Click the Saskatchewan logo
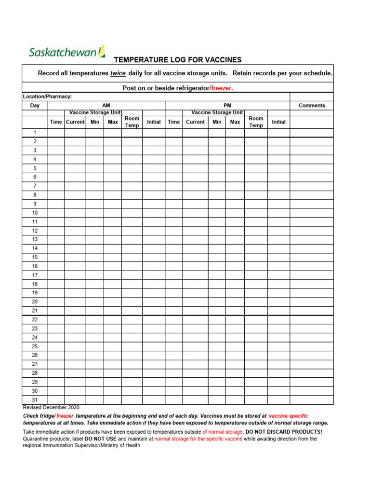point(66,52)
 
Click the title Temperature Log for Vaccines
point(177,60)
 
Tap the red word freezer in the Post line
point(222,88)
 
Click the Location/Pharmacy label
point(48,96)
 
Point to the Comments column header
point(311,105)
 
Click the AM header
point(106,105)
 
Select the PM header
point(227,105)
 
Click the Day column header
point(35,105)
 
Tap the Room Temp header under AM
point(132,122)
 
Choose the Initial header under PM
point(278,122)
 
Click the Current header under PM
point(195,122)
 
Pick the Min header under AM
point(95,122)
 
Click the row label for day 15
point(35,257)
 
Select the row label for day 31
point(35,400)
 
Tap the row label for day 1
point(35,132)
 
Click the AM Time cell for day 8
point(56,195)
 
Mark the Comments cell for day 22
point(311,319)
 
